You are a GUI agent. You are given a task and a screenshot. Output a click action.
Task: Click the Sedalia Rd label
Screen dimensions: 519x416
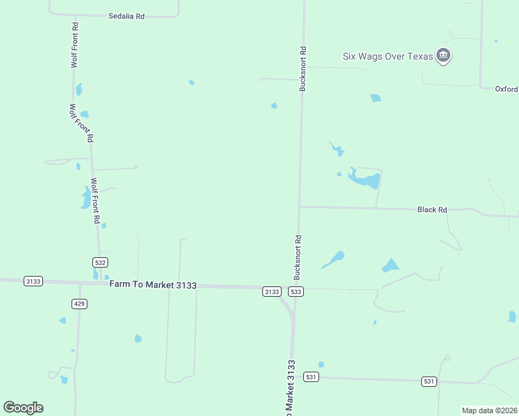point(126,15)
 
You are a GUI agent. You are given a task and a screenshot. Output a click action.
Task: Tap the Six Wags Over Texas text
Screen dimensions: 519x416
point(387,56)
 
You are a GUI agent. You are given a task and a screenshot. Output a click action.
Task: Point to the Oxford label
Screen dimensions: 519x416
point(507,89)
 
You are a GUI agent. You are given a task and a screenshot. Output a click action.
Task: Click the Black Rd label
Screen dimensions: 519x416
point(432,209)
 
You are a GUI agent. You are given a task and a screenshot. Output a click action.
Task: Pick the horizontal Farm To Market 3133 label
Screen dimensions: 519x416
point(153,285)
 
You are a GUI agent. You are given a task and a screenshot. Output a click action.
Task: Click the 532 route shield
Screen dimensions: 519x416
point(100,262)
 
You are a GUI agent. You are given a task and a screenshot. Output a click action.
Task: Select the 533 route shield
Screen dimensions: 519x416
point(296,292)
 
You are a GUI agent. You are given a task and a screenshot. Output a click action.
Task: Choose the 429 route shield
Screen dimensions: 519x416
point(79,304)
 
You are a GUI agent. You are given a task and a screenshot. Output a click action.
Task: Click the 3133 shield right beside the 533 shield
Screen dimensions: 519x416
point(271,292)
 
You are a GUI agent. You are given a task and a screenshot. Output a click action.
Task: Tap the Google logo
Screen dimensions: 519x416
point(23,408)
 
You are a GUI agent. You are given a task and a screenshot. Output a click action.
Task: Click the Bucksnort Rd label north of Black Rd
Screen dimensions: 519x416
point(303,69)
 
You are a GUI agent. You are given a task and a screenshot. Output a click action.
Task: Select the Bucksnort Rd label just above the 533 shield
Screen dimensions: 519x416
point(298,257)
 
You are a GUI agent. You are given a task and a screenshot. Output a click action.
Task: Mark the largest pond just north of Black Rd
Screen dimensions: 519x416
point(364,180)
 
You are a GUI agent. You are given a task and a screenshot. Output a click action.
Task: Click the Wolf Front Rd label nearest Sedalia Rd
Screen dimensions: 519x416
point(74,44)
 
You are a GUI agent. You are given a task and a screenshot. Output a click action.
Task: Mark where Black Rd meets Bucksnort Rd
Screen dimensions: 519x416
point(300,206)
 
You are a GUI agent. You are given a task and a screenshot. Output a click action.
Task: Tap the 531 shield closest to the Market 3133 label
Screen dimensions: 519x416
point(312,376)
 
